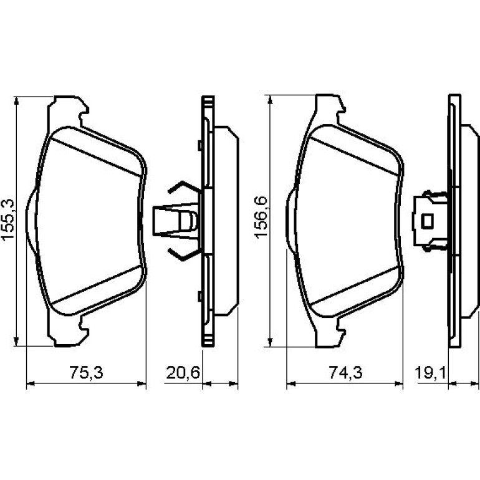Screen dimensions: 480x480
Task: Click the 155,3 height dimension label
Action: [x=8, y=219]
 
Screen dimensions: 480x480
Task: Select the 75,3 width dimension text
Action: [x=86, y=373]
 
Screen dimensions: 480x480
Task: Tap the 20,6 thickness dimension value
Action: [x=183, y=373]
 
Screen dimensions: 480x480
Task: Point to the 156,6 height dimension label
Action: [x=261, y=218]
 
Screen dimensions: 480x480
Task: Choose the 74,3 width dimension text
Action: [x=345, y=373]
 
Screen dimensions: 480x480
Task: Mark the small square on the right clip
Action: [x=428, y=221]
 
